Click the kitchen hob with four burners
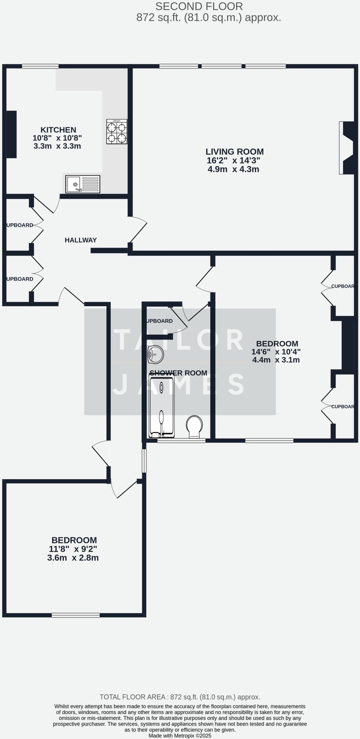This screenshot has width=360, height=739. [117, 132]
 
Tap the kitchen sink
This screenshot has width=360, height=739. [83, 184]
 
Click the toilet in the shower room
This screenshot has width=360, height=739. [194, 427]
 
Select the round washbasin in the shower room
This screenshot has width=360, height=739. [155, 354]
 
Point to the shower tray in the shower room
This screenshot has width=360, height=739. [162, 406]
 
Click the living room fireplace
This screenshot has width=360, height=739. [347, 148]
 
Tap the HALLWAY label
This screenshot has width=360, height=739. [80, 240]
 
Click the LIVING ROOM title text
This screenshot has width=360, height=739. [234, 152]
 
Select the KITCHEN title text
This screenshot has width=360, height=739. [58, 130]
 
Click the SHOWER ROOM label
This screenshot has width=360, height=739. [178, 373]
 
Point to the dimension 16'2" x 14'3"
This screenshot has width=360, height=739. [233, 161]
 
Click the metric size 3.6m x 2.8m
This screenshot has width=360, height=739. [73, 558]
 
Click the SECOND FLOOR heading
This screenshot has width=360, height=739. [199, 6]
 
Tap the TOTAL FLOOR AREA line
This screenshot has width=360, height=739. [180, 697]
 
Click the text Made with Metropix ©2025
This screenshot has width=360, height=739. [180, 735]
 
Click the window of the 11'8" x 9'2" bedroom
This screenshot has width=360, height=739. [75, 615]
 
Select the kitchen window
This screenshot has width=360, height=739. [40, 66]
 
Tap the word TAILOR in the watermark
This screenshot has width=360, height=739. [179, 340]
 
